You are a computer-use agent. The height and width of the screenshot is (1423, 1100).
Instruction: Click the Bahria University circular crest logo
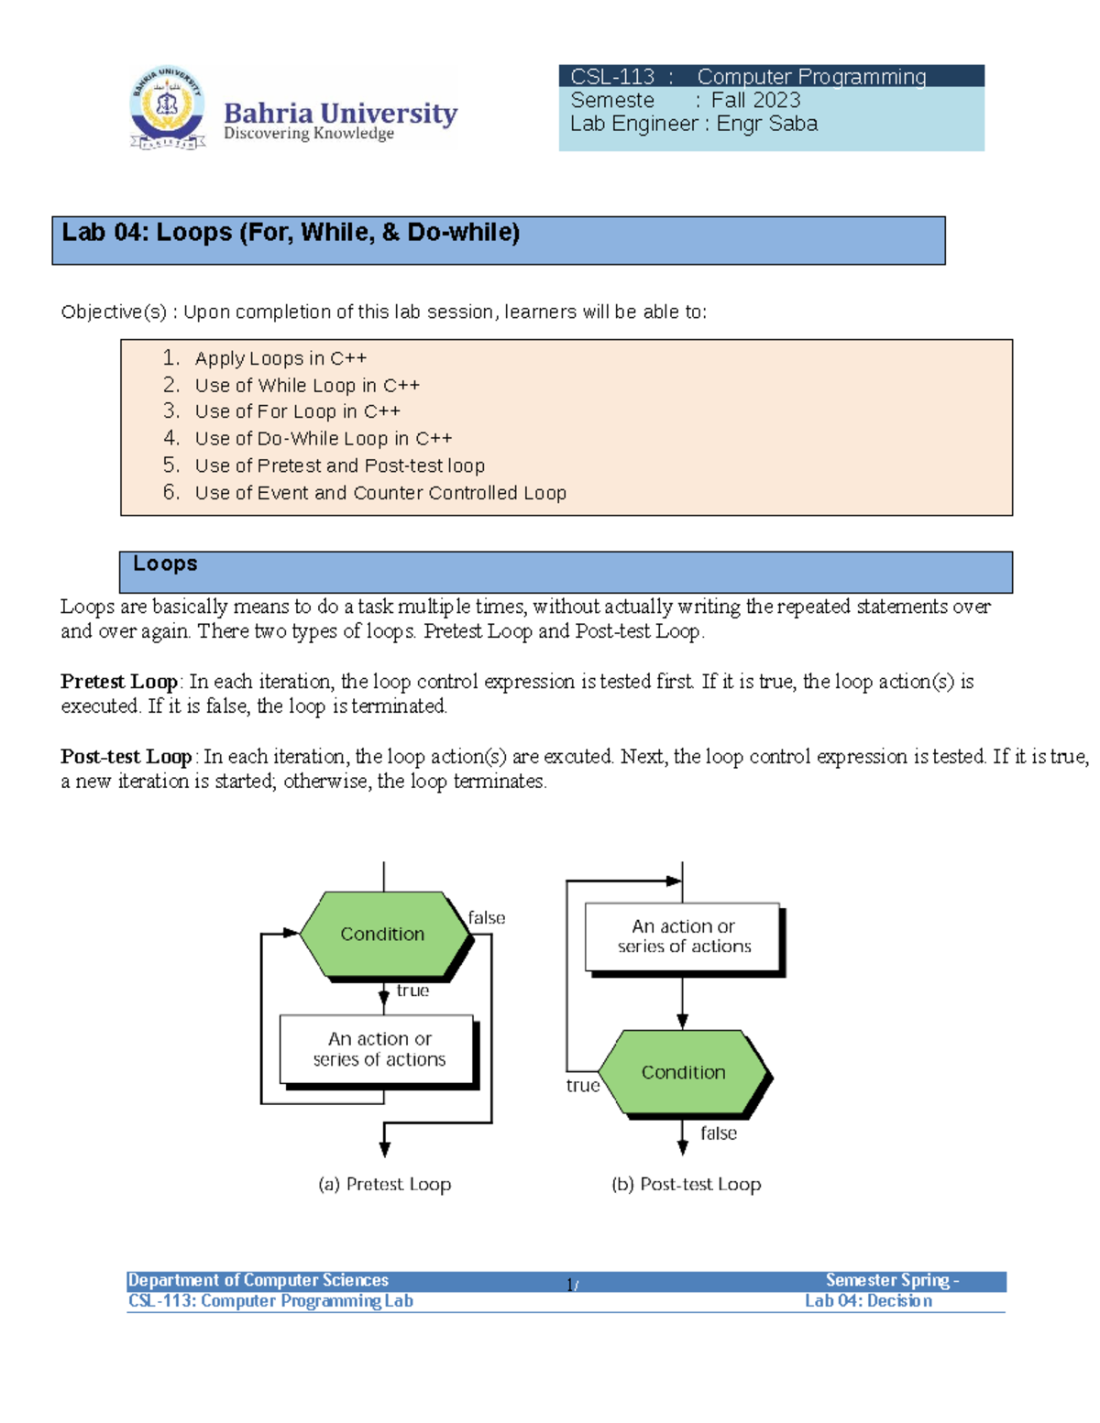point(169,107)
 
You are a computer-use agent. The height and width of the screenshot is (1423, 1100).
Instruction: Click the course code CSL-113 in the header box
point(612,77)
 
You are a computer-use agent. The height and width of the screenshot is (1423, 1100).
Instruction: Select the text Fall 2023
point(755,100)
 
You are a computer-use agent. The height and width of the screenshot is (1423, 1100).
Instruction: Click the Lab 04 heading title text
point(291,233)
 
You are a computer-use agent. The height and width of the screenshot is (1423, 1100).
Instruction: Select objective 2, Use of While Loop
point(306,385)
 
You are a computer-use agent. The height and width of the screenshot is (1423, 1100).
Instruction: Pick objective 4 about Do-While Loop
point(323,438)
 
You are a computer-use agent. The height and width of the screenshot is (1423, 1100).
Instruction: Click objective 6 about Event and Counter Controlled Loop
point(380,492)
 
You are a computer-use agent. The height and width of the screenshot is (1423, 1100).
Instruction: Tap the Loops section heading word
point(165,564)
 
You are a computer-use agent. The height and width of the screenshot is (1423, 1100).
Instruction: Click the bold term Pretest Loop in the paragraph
point(119,681)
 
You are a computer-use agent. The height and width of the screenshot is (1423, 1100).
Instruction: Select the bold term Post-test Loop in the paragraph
point(126,756)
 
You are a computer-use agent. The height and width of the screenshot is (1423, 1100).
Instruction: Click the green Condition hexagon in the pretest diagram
point(385,935)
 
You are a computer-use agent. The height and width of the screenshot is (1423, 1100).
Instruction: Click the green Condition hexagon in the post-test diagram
point(686,1073)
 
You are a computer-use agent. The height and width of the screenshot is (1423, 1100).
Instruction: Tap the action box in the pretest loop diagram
point(379,1051)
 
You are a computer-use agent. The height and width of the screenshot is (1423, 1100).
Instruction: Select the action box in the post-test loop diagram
point(684,938)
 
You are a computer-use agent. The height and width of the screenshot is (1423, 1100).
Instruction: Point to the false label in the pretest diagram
point(486,917)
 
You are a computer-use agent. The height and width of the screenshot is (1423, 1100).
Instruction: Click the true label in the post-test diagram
point(582,1085)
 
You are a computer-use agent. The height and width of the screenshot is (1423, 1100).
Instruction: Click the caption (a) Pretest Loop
point(385,1184)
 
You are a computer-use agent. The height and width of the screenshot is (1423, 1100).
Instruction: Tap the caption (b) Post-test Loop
point(686,1184)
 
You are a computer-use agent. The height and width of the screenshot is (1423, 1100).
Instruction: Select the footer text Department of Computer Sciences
point(258,1279)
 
